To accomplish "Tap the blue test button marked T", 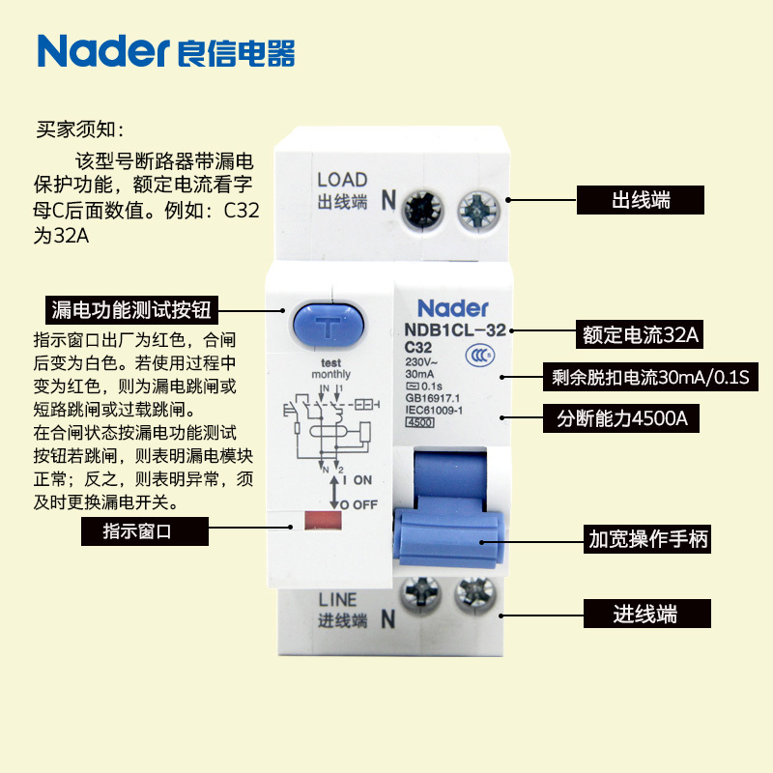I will click(x=329, y=329).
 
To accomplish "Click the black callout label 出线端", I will click(x=641, y=200).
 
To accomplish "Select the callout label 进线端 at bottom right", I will click(x=646, y=614).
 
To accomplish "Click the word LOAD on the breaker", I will click(x=342, y=180).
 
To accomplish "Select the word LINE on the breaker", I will click(x=337, y=600).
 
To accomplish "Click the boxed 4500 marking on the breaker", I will click(x=419, y=422).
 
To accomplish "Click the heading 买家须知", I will click(x=80, y=128).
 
